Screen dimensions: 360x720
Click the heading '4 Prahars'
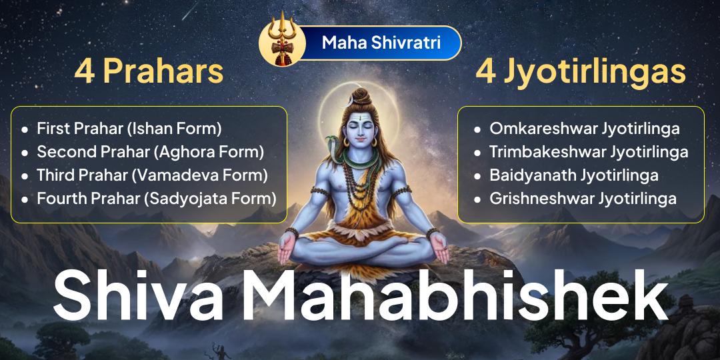point(149,72)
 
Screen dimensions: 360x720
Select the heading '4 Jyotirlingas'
point(581,72)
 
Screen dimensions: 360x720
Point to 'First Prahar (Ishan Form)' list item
point(129,128)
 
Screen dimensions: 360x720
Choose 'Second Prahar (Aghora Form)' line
point(150,151)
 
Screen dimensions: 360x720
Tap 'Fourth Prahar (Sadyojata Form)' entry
point(156,198)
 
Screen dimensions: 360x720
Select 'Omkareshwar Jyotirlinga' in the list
point(584,128)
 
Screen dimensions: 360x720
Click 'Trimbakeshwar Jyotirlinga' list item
point(588,151)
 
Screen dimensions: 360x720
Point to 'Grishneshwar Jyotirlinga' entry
point(583,198)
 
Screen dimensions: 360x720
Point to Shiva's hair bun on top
point(361,95)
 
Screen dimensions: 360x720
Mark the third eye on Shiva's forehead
point(360,121)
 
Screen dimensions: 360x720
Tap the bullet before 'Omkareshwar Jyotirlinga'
point(477,129)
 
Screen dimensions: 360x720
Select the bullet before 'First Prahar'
point(25,129)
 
